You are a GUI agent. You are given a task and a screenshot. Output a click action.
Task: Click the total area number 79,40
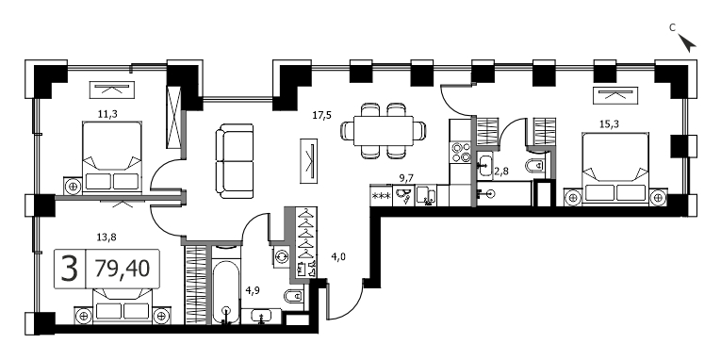coord(123,269)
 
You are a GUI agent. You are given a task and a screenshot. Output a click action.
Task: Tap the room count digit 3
coord(70,269)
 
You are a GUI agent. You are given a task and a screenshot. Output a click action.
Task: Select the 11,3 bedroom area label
coord(107,114)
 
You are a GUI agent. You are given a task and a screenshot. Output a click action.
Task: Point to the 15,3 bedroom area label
coord(608,123)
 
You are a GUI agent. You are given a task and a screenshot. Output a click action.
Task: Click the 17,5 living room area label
coord(322,115)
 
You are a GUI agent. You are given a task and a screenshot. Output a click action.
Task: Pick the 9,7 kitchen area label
coord(406,178)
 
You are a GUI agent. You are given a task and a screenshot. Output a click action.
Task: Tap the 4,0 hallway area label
coord(338,257)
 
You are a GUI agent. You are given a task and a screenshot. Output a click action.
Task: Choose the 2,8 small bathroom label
coord(500,172)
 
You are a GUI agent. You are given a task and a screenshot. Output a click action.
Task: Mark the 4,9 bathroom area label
coord(251,290)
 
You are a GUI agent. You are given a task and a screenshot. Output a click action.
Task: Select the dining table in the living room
coord(384,131)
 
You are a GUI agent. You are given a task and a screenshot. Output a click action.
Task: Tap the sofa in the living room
coord(235,161)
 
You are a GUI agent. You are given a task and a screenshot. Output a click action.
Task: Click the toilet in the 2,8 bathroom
coord(536,165)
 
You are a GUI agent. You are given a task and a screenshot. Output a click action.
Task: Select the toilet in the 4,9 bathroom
coord(294,297)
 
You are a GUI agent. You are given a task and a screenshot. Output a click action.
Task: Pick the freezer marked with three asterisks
coord(381,195)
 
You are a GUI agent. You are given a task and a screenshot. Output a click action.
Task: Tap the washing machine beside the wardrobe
coord(281,254)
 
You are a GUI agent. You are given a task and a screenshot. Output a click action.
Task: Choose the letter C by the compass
coord(672,28)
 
